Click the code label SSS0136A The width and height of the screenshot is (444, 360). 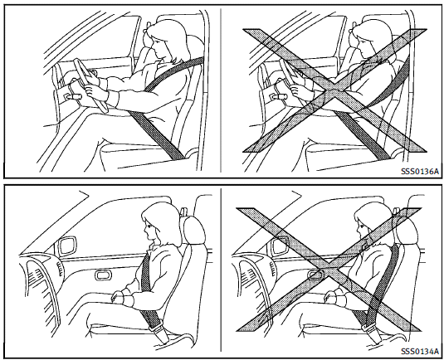[420, 171]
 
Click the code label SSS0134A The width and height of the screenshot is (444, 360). [420, 351]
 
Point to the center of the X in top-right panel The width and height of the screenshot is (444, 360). [334, 91]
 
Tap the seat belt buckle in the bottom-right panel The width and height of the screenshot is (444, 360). [370, 328]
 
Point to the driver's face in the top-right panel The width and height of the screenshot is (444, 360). [363, 46]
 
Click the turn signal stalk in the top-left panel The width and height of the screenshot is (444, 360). [73, 97]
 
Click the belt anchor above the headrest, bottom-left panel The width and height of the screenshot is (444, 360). [184, 212]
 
